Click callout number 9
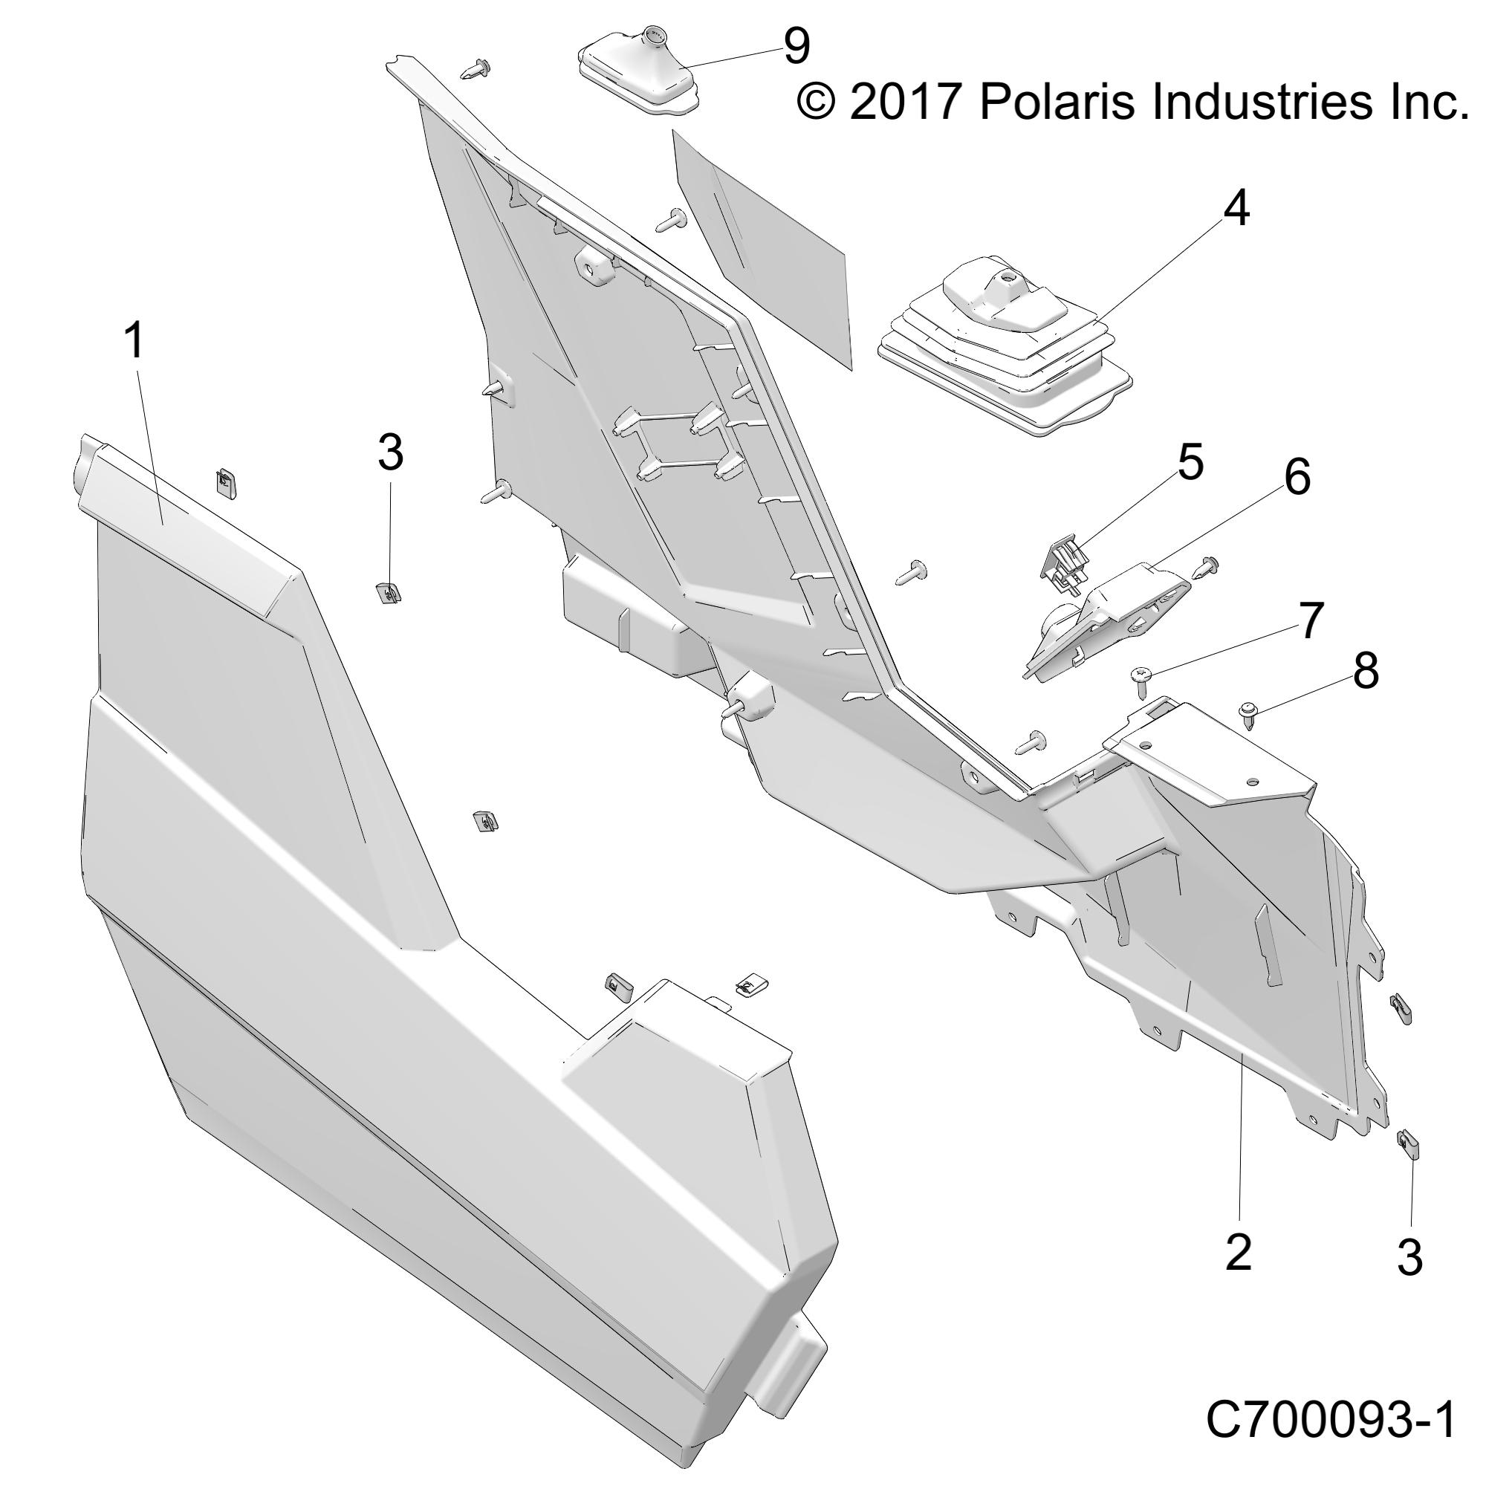pyautogui.click(x=796, y=48)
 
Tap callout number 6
pyautogui.click(x=1297, y=478)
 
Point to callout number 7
pyautogui.click(x=1311, y=620)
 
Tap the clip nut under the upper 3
pyautogui.click(x=391, y=593)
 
